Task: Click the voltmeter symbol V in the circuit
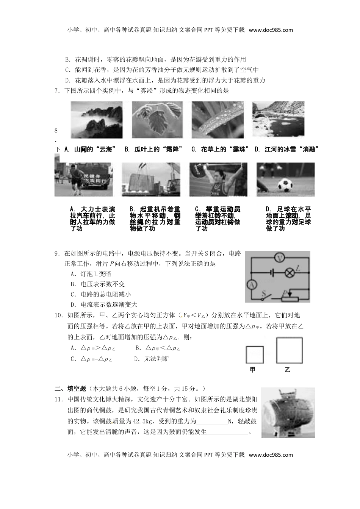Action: click(x=280, y=258)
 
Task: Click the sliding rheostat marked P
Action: click(x=290, y=298)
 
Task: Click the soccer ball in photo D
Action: click(x=285, y=185)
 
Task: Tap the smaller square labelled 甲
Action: click(x=254, y=355)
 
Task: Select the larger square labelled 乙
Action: click(x=290, y=350)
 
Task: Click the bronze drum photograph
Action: click(x=288, y=412)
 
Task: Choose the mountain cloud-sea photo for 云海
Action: click(x=97, y=120)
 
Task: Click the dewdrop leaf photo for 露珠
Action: click(x=218, y=120)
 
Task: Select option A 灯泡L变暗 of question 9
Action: click(x=91, y=274)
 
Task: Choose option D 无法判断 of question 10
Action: click(x=152, y=359)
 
